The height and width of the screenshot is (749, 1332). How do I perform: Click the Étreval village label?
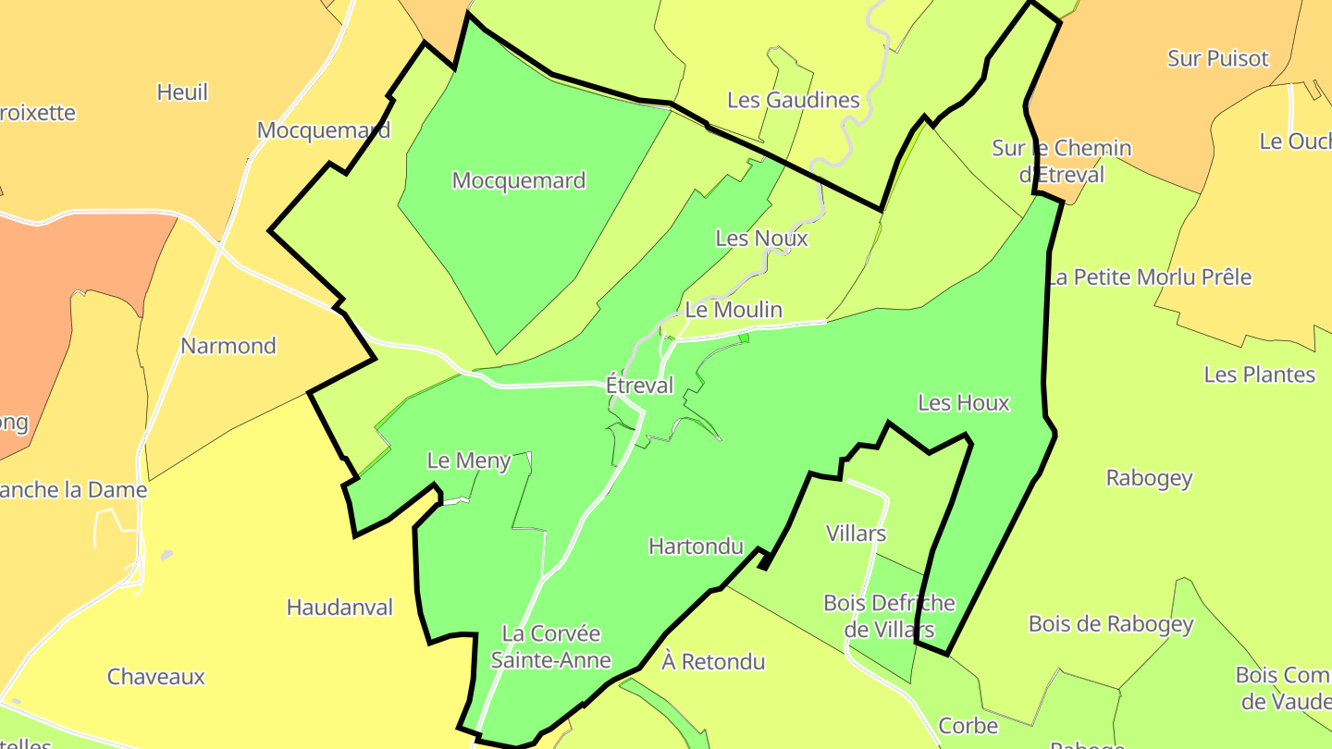click(639, 385)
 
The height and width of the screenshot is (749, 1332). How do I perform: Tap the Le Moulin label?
click(734, 310)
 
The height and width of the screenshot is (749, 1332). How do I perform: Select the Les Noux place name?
click(761, 239)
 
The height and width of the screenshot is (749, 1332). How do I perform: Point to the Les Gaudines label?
click(793, 100)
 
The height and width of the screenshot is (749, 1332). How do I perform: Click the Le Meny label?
click(468, 460)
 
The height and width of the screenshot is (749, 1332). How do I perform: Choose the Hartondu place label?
click(696, 546)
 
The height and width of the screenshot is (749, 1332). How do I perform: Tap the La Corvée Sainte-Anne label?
click(550, 647)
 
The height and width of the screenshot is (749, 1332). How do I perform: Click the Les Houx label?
click(963, 403)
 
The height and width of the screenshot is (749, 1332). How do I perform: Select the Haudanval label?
click(339, 608)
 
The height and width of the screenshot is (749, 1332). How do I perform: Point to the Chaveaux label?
click(155, 677)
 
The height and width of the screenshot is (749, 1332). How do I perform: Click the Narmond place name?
click(228, 346)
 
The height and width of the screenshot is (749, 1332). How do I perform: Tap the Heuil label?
click(182, 92)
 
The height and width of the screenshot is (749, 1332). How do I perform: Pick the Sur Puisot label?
click(1217, 58)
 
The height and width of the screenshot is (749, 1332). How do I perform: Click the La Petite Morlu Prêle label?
click(1149, 277)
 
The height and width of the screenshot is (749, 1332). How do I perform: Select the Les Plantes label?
click(1259, 374)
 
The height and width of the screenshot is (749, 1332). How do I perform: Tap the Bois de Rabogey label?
click(1111, 624)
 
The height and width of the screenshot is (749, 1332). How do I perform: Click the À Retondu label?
click(713, 662)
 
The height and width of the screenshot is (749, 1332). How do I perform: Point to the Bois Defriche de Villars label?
click(888, 617)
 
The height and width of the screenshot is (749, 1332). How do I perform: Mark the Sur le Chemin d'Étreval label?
click(1061, 161)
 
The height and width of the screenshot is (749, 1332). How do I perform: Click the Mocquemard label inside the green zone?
click(518, 180)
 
